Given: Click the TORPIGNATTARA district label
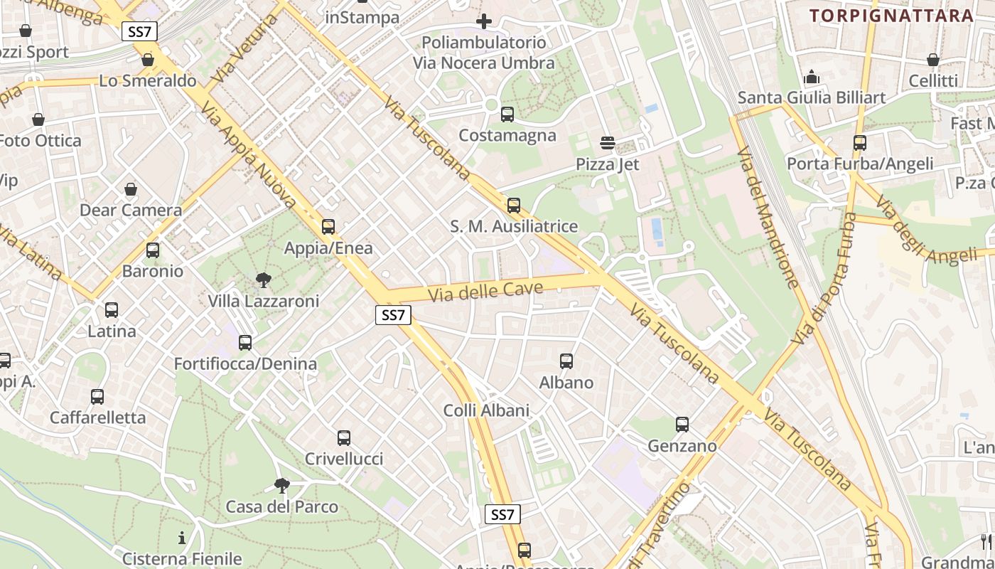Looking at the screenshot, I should [891, 16].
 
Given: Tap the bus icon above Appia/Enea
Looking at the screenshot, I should [328, 227].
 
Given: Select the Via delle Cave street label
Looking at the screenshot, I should [485, 291].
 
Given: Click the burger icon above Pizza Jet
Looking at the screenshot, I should [607, 143].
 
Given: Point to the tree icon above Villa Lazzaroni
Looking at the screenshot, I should [264, 280].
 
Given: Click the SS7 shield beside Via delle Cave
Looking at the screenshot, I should [393, 315].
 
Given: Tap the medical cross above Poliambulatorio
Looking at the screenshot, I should [484, 21].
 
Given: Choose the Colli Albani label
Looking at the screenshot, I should [486, 410].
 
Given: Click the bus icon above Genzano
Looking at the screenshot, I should [682, 425].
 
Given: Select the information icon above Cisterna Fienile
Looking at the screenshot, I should [182, 538].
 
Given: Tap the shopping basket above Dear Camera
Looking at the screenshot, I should [131, 189].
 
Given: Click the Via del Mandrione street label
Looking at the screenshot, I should [768, 218].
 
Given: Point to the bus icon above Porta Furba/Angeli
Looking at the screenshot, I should [860, 143].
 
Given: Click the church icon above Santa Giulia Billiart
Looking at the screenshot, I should [812, 76].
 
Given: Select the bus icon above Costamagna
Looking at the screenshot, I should [507, 114].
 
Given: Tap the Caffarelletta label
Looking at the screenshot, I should [97, 418].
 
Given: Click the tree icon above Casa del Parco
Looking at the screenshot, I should [282, 486].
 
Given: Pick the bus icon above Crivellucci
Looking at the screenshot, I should [344, 438].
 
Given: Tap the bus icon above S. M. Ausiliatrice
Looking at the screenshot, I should [514, 206].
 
